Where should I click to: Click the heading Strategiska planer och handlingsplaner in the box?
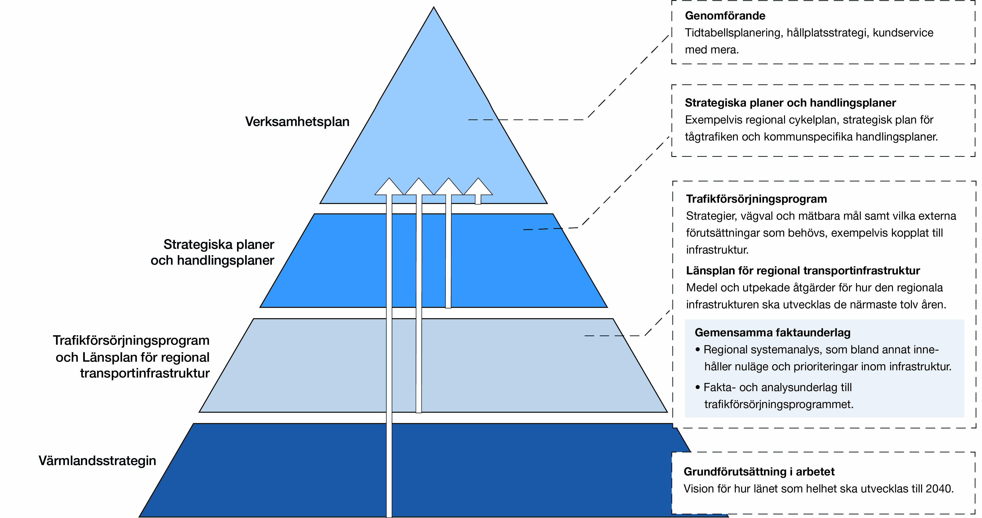tap(790, 103)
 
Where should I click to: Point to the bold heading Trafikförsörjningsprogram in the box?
tap(756, 199)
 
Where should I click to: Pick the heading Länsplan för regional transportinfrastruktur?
tap(803, 271)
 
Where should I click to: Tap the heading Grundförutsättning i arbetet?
tap(759, 471)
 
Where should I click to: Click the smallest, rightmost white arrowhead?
tap(478, 187)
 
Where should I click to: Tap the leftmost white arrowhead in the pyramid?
tap(389, 187)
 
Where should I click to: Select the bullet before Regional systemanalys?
tap(698, 349)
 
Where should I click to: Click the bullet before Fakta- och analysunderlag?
tap(698, 387)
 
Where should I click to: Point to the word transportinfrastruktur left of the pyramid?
tap(145, 373)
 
